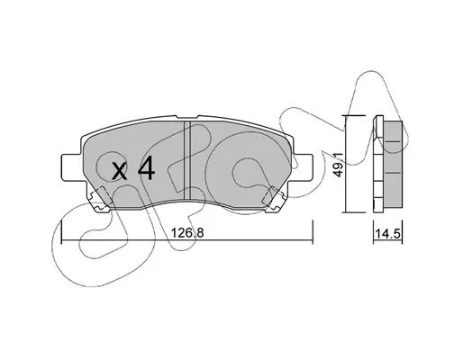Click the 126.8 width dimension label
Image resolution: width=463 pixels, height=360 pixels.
pyautogui.click(x=187, y=232)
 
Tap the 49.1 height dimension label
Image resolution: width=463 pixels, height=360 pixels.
pyautogui.click(x=339, y=165)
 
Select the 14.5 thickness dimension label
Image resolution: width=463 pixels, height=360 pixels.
pyautogui.click(x=388, y=234)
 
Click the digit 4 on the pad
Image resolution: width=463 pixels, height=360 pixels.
pyautogui.click(x=146, y=169)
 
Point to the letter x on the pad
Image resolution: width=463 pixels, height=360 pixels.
pyautogui.click(x=119, y=172)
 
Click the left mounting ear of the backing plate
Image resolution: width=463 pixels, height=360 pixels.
pyautogui.click(x=71, y=168)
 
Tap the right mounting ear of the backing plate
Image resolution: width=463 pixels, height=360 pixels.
pyautogui.click(x=303, y=168)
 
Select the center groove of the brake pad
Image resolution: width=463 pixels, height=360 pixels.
pyautogui.click(x=187, y=160)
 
